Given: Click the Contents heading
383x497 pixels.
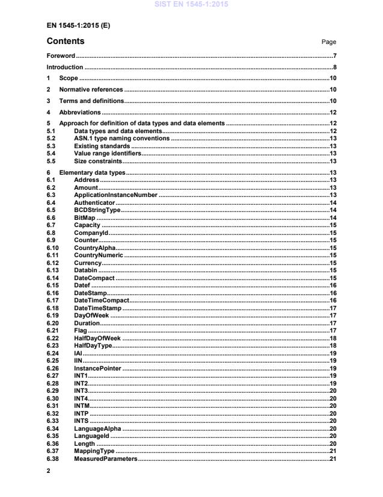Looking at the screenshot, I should pyautogui.click(x=66, y=42).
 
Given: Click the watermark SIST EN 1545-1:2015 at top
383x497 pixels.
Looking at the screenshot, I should pyautogui.click(x=191, y=5).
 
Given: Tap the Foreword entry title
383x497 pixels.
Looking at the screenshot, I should pyautogui.click(x=62, y=55).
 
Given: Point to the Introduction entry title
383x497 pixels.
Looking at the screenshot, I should pyautogui.click(x=65, y=67).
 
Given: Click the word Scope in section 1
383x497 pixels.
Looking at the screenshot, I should pyautogui.click(x=69, y=79).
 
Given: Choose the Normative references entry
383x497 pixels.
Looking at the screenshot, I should pyautogui.click(x=91, y=90).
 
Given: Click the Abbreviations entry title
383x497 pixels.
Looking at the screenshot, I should pyautogui.click(x=79, y=113).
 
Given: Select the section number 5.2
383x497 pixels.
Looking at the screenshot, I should pyautogui.click(x=51, y=139).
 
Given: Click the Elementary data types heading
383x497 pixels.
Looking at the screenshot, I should pyautogui.click(x=92, y=173).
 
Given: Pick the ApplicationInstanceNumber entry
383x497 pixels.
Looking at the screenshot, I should pyautogui.click(x=115, y=195).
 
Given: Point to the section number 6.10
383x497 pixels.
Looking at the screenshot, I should pyautogui.click(x=52, y=248).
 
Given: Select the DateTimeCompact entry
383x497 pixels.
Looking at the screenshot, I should pyautogui.click(x=101, y=300).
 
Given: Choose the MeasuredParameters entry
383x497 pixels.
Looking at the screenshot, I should pyautogui.click(x=105, y=460).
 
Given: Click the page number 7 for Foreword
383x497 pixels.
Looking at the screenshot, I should pyautogui.click(x=334, y=55).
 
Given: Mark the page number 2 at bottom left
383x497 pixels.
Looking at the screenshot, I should pyautogui.click(x=48, y=472).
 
